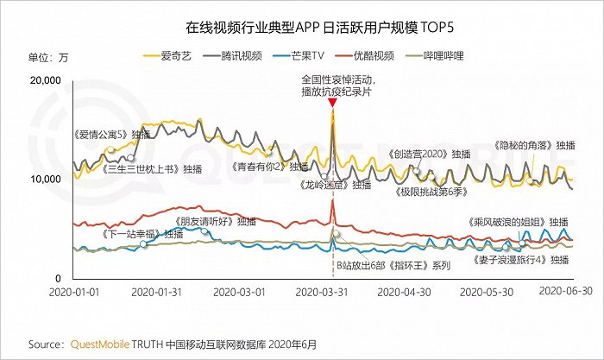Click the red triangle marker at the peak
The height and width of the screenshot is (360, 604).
tap(332, 103)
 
